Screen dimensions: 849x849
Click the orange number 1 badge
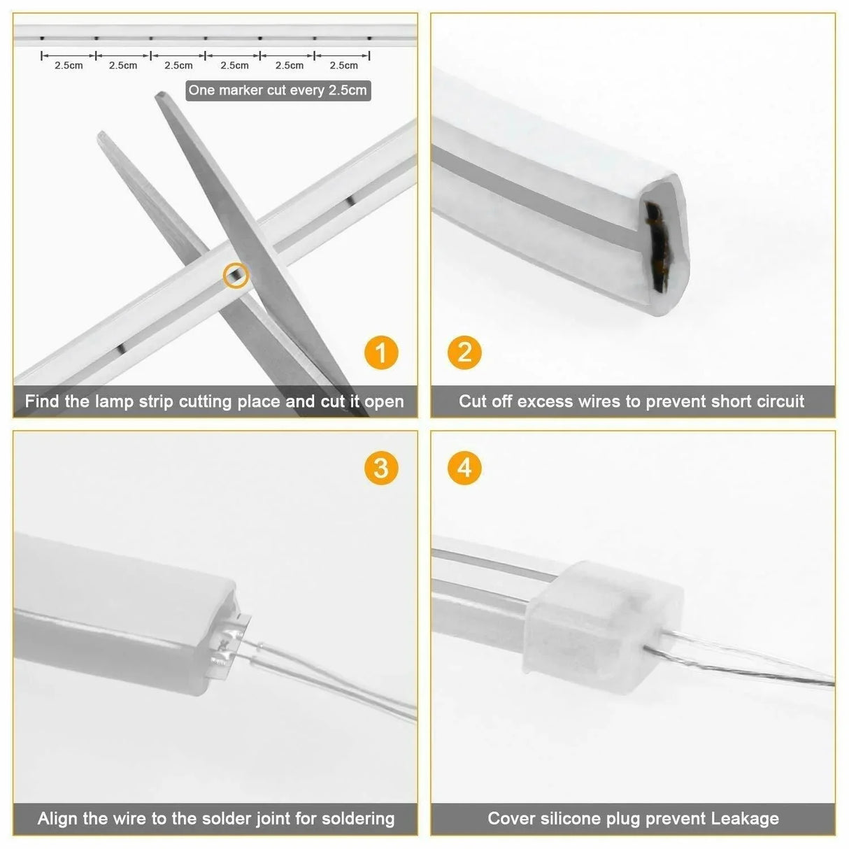(381, 352)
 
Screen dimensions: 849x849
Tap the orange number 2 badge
(464, 352)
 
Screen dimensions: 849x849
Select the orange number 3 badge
(381, 467)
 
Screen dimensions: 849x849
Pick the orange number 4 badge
(464, 467)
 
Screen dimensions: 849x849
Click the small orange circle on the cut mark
(236, 276)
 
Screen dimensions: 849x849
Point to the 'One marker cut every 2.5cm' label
(278, 90)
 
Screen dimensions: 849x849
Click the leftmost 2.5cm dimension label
(69, 66)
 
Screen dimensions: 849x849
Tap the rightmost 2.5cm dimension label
(343, 66)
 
